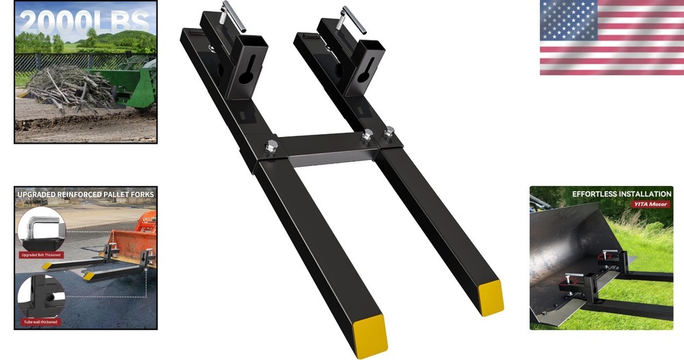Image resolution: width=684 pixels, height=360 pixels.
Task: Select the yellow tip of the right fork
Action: pyautogui.click(x=491, y=297)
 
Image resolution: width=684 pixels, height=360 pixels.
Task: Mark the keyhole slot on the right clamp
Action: pyautogui.click(x=362, y=69)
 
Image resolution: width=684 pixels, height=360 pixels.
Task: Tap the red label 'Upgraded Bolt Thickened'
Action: pyautogui.click(x=41, y=255)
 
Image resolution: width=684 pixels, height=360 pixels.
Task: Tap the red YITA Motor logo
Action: pyautogui.click(x=652, y=204)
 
